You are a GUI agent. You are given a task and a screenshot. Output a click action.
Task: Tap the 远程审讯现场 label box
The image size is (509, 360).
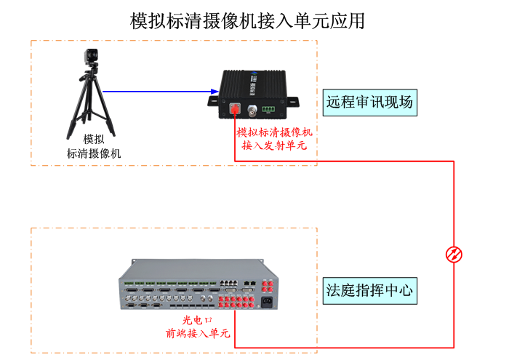[x=369, y=102]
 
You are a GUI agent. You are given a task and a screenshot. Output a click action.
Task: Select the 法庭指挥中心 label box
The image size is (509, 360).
[x=369, y=290]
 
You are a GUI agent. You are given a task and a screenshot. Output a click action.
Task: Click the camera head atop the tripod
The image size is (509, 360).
[x=91, y=57]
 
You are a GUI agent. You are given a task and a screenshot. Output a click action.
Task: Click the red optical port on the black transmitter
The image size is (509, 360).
[x=235, y=110]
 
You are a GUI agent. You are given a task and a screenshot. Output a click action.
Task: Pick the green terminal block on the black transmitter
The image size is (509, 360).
[x=269, y=109]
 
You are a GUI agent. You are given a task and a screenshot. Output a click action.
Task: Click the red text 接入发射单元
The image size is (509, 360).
[x=274, y=145]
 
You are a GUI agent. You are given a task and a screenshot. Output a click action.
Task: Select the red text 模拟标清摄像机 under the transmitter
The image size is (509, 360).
[x=274, y=132]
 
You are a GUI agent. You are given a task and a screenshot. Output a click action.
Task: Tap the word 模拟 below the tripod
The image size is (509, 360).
[x=93, y=140]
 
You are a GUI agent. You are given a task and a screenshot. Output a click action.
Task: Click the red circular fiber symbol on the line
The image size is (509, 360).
[x=454, y=254]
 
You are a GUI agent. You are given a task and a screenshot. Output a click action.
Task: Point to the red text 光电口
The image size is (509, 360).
[x=197, y=320]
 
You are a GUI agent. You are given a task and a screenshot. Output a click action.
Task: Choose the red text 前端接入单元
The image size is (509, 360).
[x=197, y=334]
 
